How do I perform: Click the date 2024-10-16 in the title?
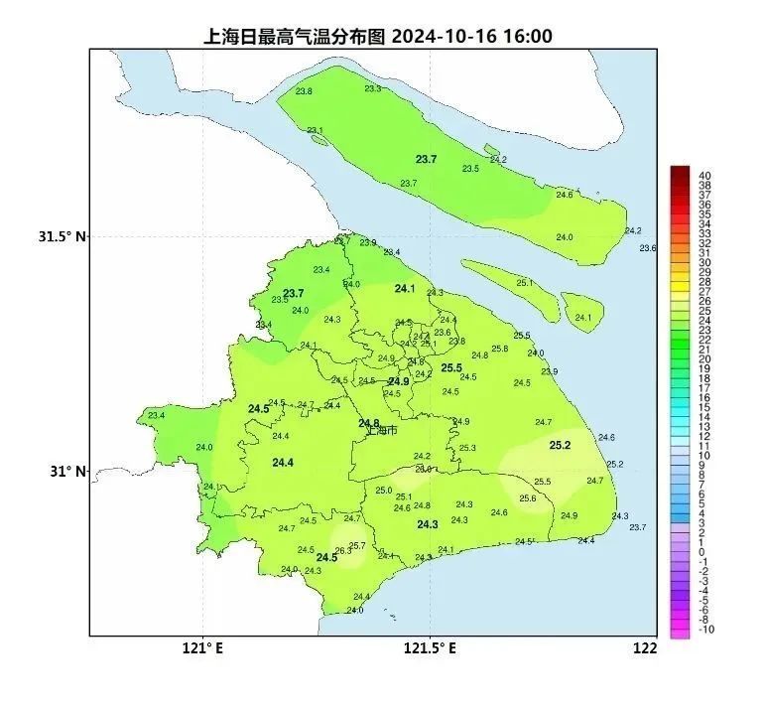pyautogui.click(x=444, y=37)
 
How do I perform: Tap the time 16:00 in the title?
pyautogui.click(x=526, y=37)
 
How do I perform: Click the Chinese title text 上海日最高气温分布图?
pyautogui.click(x=295, y=37)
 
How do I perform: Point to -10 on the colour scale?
pyautogui.click(x=706, y=630)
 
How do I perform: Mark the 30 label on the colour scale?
pyautogui.click(x=704, y=262)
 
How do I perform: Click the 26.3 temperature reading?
pyautogui.click(x=342, y=551)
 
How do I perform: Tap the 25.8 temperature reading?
pyautogui.click(x=499, y=349)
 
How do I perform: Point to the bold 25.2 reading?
pyautogui.click(x=561, y=445)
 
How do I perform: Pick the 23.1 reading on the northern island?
pyautogui.click(x=315, y=130)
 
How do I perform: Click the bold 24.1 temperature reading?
pyautogui.click(x=404, y=289)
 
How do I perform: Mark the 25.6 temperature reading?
pyautogui.click(x=528, y=498)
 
